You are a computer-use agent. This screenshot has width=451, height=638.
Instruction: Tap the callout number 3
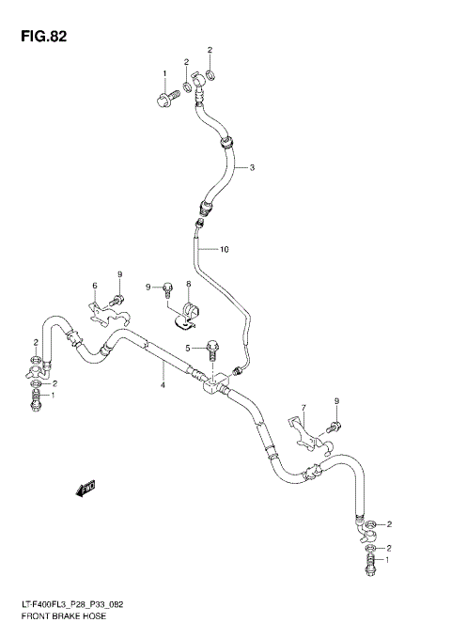(x=252, y=168)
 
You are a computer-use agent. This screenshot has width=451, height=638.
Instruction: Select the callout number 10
(x=225, y=250)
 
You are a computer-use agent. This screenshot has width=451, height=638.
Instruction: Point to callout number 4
(x=163, y=385)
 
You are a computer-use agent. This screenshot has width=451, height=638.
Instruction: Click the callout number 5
(x=188, y=349)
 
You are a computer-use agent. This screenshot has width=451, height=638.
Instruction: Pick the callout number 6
(x=94, y=286)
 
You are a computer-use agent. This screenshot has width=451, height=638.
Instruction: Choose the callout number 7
(x=303, y=408)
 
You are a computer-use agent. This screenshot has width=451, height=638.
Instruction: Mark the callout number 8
(x=188, y=285)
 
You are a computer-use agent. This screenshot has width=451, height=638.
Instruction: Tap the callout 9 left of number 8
(x=148, y=286)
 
